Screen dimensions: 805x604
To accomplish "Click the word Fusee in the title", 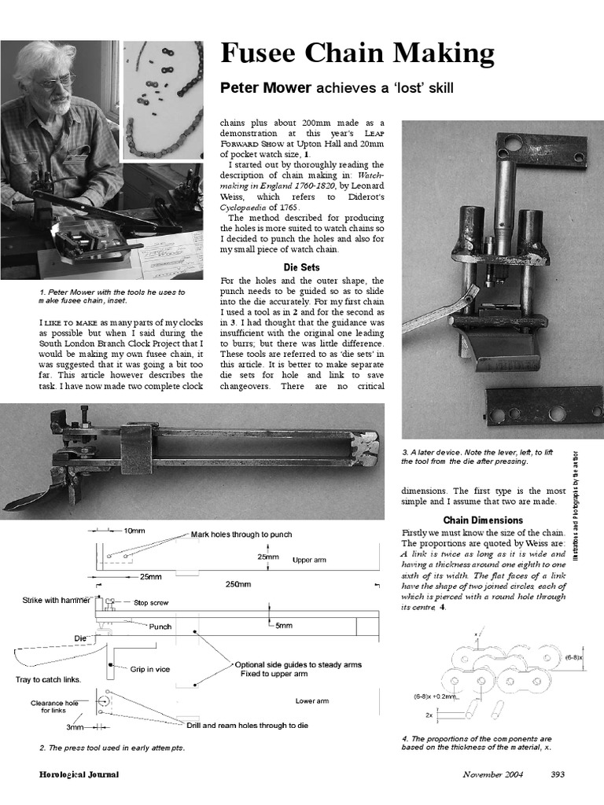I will tap(265, 54).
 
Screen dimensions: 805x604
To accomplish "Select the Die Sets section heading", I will tap(301, 267).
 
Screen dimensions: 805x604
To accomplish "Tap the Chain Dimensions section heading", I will tap(483, 520).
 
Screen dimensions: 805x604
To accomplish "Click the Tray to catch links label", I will tap(48, 679).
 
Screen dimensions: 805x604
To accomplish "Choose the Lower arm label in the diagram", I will tap(312, 700).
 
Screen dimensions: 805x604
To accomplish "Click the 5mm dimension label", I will tap(285, 626).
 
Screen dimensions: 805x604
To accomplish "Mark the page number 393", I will tap(558, 774).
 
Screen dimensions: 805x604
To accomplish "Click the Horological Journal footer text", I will tap(79, 774).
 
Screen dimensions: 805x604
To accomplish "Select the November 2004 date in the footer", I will tap(492, 774).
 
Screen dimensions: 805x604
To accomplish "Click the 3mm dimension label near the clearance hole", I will tap(75, 727).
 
